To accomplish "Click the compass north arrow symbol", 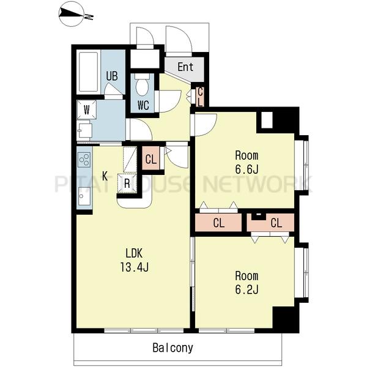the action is pyautogui.click(x=72, y=13).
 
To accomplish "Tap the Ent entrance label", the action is pyautogui.click(x=185, y=67).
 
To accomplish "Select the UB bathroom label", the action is pyautogui.click(x=112, y=76).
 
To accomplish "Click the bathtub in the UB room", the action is pyautogui.click(x=88, y=72).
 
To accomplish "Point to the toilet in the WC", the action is pyautogui.click(x=142, y=84).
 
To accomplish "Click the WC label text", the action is pyautogui.click(x=143, y=105).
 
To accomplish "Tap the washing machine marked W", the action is pyautogui.click(x=87, y=109).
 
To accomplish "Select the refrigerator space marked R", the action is pyautogui.click(x=127, y=183).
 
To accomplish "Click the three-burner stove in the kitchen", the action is pyautogui.click(x=84, y=160).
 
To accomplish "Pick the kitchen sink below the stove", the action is pyautogui.click(x=84, y=196).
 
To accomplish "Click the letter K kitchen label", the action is pyautogui.click(x=105, y=176).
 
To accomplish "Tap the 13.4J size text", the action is pyautogui.click(x=135, y=267).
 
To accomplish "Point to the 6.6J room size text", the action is pyautogui.click(x=247, y=169).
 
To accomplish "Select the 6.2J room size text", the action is pyautogui.click(x=247, y=289).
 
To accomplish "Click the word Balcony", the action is pyautogui.click(x=172, y=348).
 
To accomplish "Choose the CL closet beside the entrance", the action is pyautogui.click(x=200, y=97).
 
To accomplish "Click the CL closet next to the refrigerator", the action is pyautogui.click(x=150, y=158).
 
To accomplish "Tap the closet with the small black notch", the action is pyautogui.click(x=270, y=223).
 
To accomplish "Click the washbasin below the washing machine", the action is pyautogui.click(x=85, y=131).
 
